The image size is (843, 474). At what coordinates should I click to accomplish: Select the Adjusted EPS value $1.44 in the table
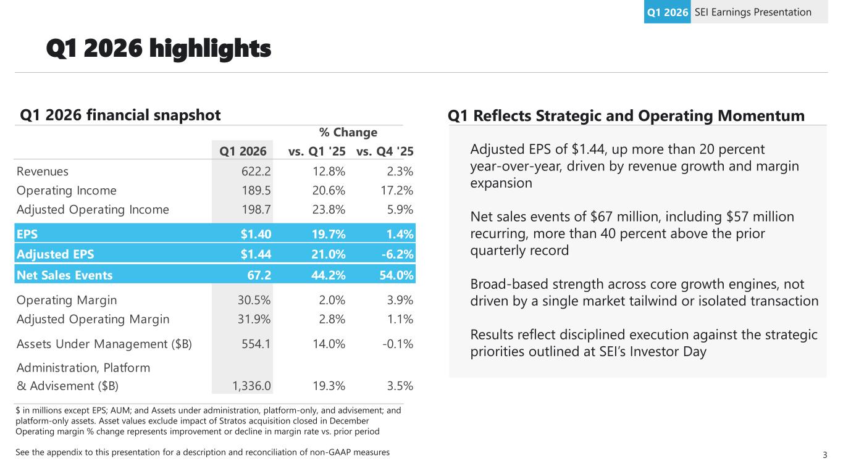click(x=255, y=254)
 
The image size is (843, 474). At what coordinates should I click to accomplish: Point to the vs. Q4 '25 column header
click(x=385, y=151)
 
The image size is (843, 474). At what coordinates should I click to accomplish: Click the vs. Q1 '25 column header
click(x=317, y=151)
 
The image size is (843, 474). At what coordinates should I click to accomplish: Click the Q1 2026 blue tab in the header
click(x=667, y=12)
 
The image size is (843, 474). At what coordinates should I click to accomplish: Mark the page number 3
click(x=824, y=455)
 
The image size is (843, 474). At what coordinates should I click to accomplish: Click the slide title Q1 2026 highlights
click(x=159, y=49)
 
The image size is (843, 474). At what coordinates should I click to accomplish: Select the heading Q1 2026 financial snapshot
click(x=120, y=115)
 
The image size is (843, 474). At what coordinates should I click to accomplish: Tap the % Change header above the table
click(x=348, y=133)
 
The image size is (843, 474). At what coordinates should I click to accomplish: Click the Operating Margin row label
click(x=67, y=301)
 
